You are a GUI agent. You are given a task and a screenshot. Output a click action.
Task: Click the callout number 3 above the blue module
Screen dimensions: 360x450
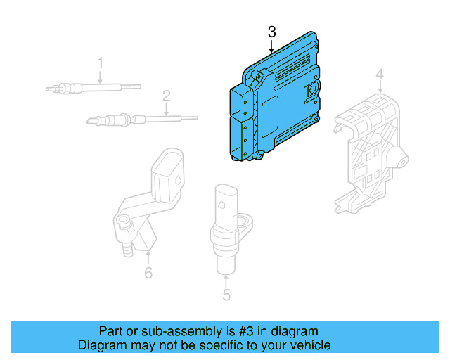(272, 32)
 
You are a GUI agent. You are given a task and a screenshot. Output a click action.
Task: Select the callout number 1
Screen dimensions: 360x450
(100, 63)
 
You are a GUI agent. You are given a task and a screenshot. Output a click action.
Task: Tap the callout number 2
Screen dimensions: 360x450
(167, 95)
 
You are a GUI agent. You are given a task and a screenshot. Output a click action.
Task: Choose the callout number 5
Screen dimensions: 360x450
(226, 295)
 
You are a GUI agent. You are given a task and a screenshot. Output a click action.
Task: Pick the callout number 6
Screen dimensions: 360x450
(148, 273)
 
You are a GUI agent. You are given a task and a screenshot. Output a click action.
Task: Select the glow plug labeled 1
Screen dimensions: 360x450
(91, 88)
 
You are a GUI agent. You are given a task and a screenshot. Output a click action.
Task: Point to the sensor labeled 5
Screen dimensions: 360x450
(226, 225)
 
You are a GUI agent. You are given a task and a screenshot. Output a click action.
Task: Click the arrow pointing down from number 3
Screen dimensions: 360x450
(272, 46)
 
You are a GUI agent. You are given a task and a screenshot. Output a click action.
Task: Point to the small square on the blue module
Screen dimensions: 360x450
(310, 91)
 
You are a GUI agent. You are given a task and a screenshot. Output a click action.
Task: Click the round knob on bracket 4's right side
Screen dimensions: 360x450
(401, 161)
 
